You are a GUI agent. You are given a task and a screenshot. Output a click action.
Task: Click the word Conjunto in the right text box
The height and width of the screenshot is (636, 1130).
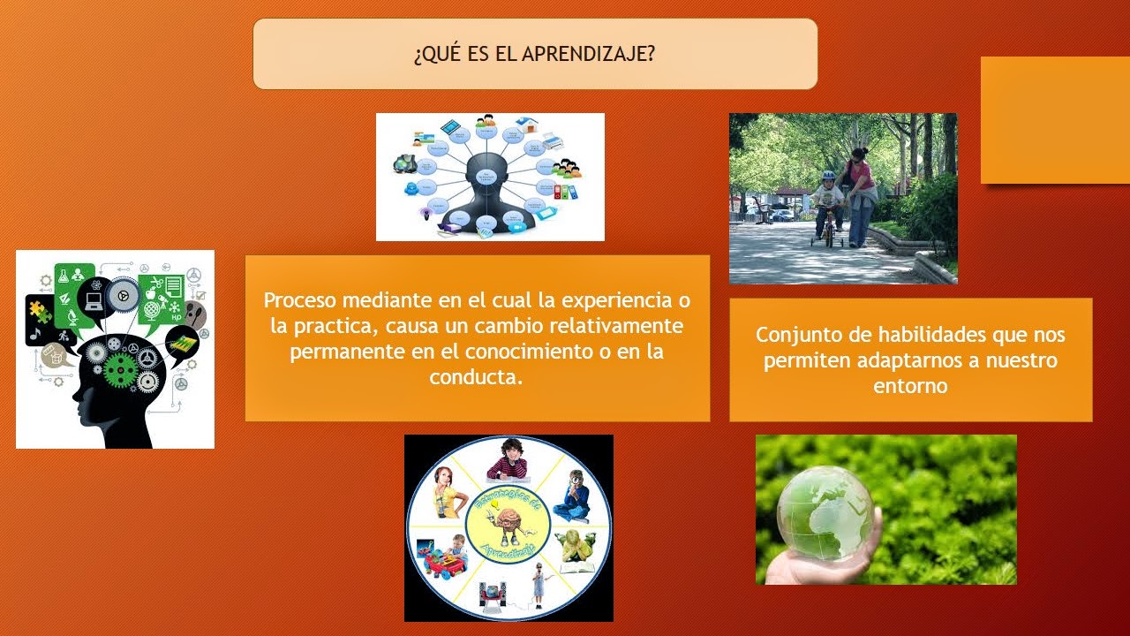point(794,336)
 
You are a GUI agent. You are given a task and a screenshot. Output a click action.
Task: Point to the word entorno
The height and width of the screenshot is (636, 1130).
point(910,386)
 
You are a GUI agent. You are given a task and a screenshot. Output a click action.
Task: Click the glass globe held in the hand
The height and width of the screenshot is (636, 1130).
point(825,513)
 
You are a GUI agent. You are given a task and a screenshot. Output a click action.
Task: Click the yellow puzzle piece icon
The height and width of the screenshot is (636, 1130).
point(40,310)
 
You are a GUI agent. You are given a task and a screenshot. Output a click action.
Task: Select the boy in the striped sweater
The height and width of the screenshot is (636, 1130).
point(510,458)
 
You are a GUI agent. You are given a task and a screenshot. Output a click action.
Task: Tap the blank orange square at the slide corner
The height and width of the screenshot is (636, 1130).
point(1055,119)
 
